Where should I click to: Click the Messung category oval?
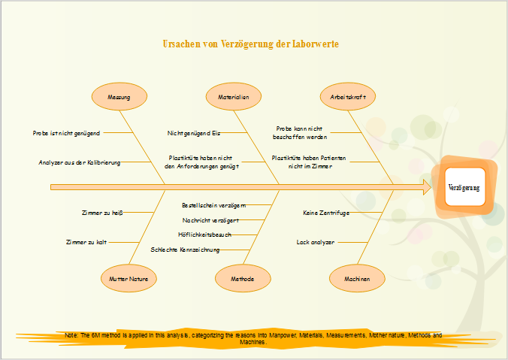point(119,97)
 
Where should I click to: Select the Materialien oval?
point(234,97)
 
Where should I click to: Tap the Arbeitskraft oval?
point(348,97)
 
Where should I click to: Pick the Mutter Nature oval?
point(129,278)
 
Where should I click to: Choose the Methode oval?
point(242,278)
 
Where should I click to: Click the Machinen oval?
point(357,278)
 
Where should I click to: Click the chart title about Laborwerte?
point(251,44)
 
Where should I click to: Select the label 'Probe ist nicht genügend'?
point(66,133)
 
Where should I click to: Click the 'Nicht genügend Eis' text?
point(193,133)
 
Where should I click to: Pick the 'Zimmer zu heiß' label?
point(102,213)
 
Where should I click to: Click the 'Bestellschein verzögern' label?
point(213,204)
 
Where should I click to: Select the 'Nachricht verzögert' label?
point(210,220)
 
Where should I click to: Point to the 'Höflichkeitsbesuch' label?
point(204,234)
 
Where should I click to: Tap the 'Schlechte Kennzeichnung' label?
point(185,249)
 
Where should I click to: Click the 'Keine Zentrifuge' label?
point(326,213)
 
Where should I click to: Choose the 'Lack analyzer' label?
point(315,243)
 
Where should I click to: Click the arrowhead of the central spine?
point(428,186)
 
